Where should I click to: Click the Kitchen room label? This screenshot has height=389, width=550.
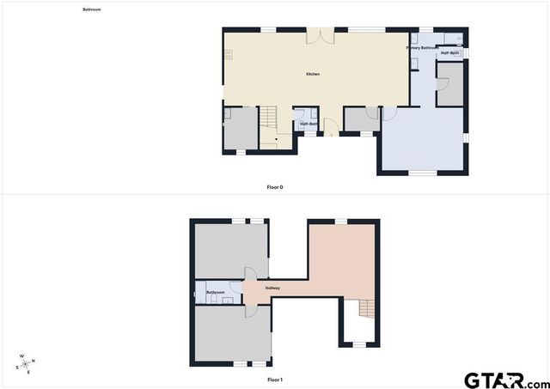click(313, 75)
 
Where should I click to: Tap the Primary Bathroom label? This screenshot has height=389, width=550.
click(422, 48)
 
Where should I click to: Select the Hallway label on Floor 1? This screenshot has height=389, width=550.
click(273, 288)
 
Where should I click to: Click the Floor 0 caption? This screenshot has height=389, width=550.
click(275, 186)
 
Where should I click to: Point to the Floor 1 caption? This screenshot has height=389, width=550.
click(275, 379)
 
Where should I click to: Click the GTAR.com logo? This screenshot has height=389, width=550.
click(504, 379)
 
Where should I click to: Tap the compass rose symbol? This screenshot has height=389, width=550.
click(25, 363)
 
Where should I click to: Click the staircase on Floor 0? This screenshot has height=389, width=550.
click(270, 126)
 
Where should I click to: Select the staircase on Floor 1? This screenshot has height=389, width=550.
click(367, 307)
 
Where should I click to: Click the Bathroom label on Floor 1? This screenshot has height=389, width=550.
click(216, 293)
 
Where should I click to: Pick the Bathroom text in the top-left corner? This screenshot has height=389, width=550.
click(92, 9)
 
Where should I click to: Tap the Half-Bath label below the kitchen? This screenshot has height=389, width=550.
click(309, 124)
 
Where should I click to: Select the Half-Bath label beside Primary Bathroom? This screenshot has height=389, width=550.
click(450, 53)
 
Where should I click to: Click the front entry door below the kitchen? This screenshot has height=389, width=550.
click(331, 133)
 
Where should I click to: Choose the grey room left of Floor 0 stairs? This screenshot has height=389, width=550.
click(241, 129)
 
